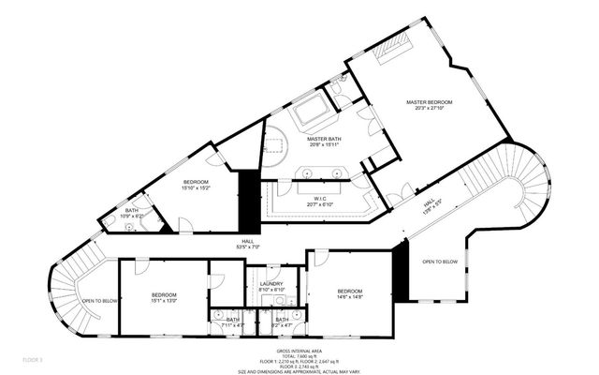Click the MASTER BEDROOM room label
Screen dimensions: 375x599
tap(429, 101)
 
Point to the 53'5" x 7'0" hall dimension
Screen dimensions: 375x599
tap(249, 247)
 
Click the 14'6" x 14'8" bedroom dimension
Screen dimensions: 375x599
tap(349, 297)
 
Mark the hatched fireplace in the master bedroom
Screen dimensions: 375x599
tap(390, 46)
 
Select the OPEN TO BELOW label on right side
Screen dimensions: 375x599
tap(440, 262)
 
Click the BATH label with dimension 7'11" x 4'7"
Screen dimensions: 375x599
tap(232, 320)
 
